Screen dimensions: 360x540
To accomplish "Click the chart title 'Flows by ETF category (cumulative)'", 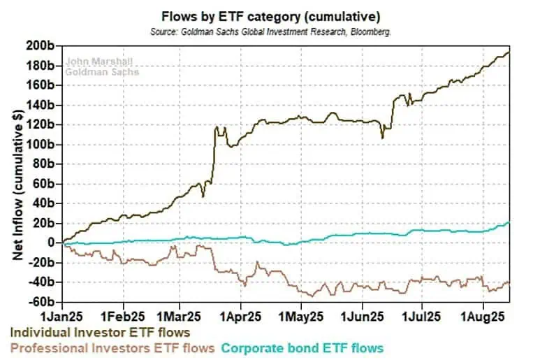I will [270, 15].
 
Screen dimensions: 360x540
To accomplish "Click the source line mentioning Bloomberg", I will [270, 32].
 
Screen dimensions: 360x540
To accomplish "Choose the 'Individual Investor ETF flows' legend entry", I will [100, 331].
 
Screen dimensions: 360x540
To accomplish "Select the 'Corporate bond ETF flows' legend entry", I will [303, 347].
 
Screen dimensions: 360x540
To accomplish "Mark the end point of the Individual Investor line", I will [509, 52].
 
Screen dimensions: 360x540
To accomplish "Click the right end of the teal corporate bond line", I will [509, 223].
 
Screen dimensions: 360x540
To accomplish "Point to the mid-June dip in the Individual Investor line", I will [382, 138].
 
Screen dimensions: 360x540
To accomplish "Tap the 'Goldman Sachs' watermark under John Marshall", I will [102, 71].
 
